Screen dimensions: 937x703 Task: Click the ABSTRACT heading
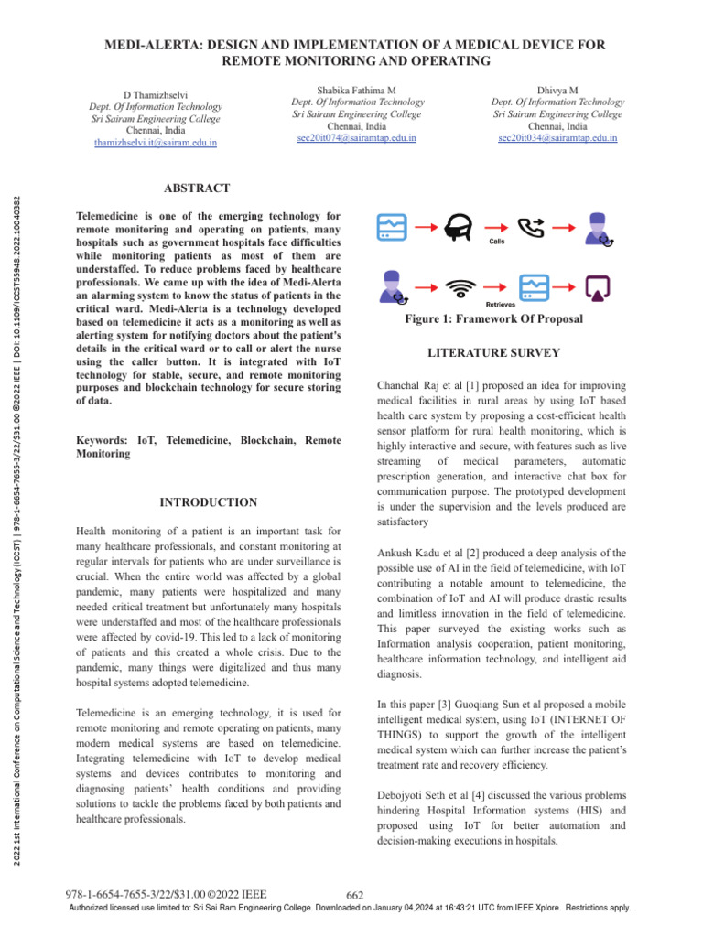[x=196, y=188]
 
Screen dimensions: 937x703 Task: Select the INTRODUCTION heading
[x=208, y=502]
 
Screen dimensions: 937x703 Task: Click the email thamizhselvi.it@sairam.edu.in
[x=161, y=142]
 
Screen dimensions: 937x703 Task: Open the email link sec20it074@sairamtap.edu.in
[x=357, y=137]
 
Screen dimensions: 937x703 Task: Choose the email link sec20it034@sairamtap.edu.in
[x=557, y=137]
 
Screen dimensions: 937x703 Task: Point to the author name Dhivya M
[x=557, y=91]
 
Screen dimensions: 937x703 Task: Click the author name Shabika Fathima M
[x=357, y=91]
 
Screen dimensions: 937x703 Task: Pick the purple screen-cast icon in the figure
[x=599, y=287]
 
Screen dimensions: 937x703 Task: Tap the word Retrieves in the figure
[x=495, y=303]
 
